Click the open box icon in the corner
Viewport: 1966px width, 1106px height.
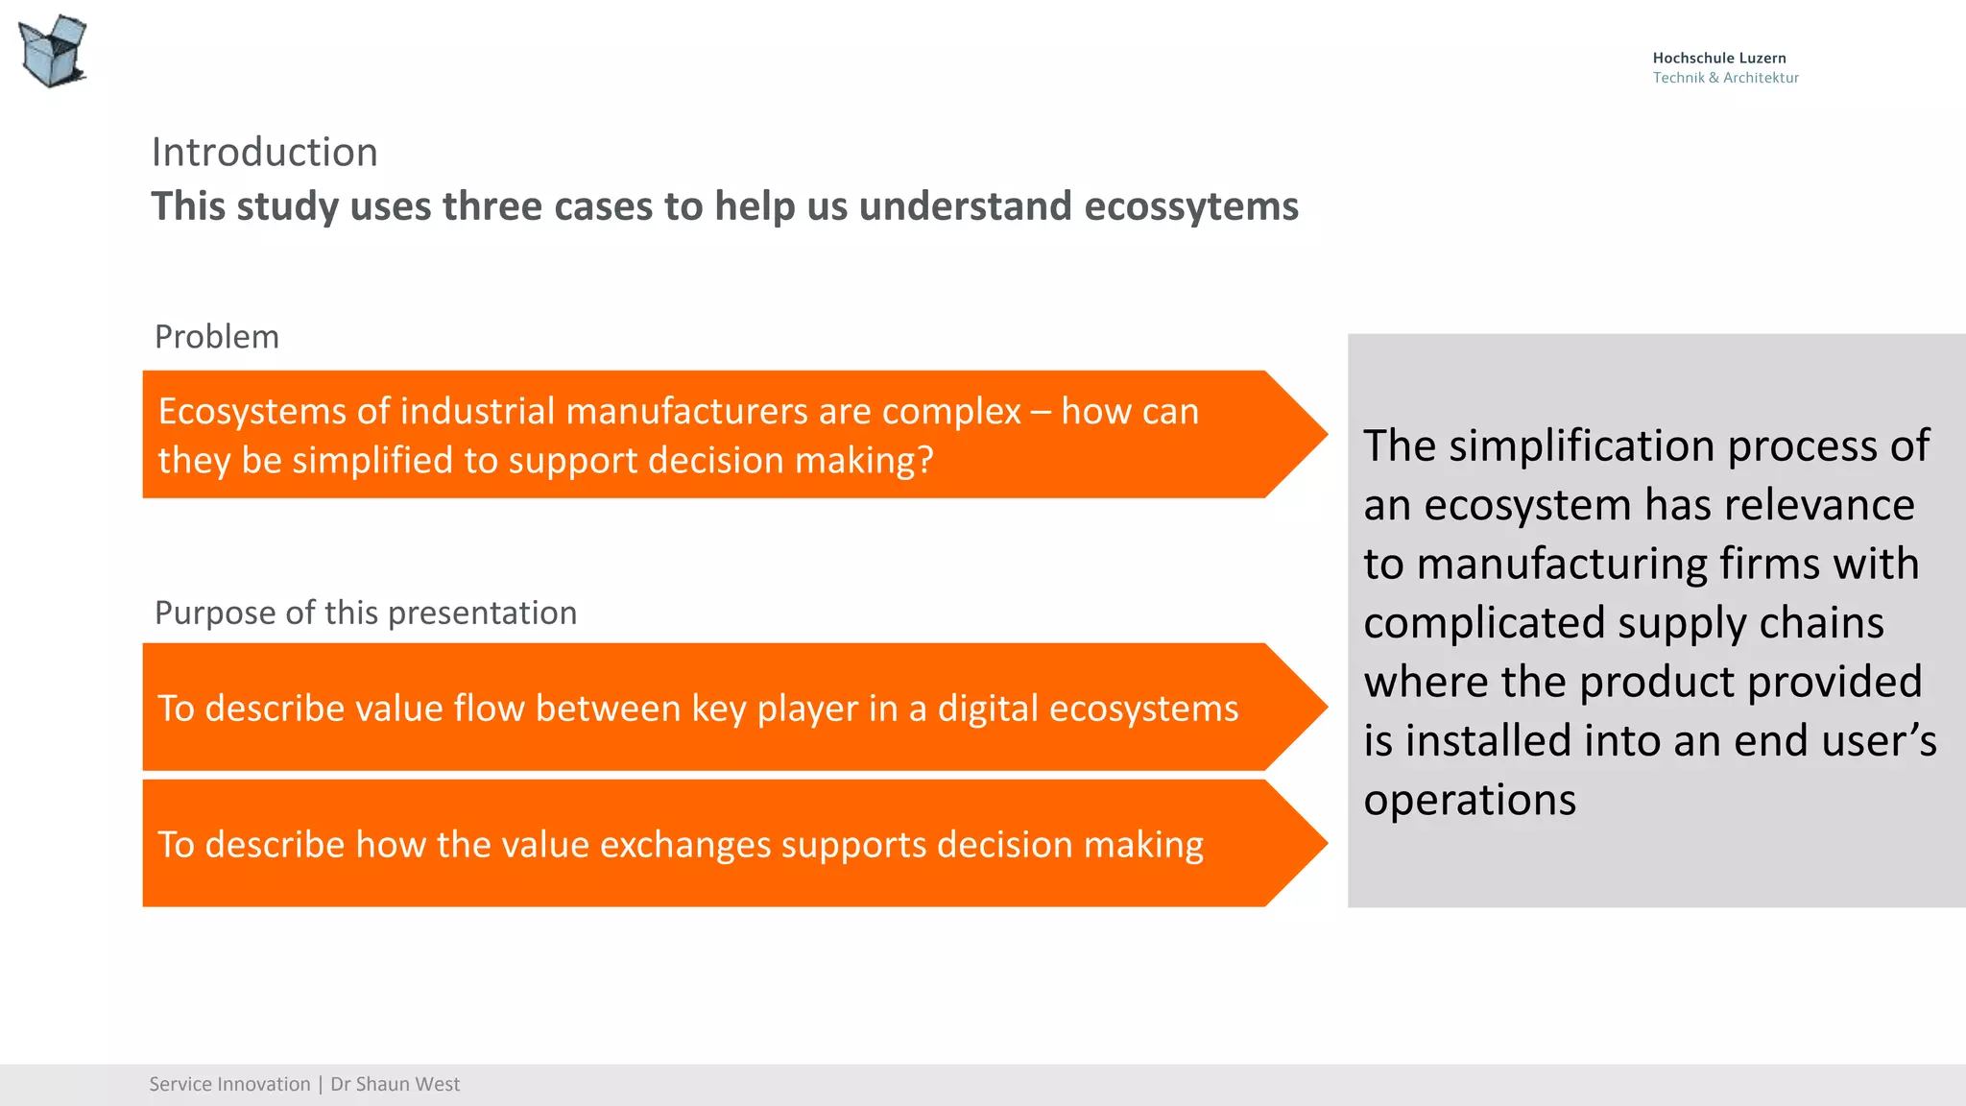[53, 51]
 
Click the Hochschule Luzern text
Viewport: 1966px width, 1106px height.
[1718, 59]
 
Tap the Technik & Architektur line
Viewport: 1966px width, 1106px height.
[1725, 78]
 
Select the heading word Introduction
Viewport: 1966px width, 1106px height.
[265, 153]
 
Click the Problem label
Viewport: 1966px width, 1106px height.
[217, 337]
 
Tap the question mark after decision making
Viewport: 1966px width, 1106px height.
[924, 461]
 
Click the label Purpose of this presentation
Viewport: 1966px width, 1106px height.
[366, 613]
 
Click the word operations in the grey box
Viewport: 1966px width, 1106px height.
[1470, 801]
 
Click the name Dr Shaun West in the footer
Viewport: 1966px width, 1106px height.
[395, 1085]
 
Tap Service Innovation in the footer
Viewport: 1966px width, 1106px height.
[229, 1085]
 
